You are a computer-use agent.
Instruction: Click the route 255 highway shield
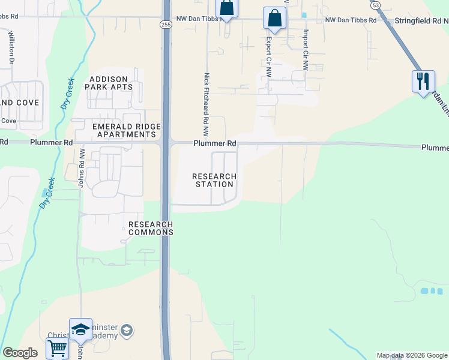point(165,24)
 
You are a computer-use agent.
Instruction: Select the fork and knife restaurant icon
point(423,80)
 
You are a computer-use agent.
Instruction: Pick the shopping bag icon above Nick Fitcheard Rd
point(227,7)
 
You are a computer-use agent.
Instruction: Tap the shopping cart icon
point(58,347)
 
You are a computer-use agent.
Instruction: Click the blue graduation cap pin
point(80,329)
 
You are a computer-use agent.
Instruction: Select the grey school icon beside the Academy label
point(127,330)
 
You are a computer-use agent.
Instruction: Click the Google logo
point(20,353)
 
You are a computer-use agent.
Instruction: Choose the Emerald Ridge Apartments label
point(126,130)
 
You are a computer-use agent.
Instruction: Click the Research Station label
point(214,180)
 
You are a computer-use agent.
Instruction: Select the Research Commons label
point(151,228)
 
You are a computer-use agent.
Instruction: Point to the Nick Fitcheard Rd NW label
point(206,99)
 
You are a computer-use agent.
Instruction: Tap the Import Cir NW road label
point(306,50)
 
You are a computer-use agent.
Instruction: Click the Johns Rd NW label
point(80,169)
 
